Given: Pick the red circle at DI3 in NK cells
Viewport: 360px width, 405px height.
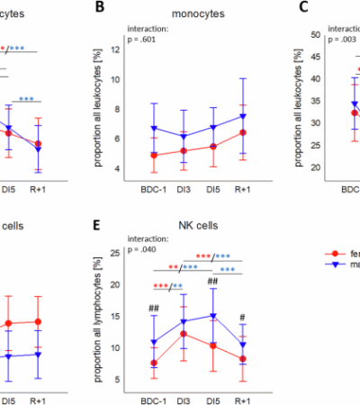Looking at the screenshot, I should [x=184, y=334].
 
